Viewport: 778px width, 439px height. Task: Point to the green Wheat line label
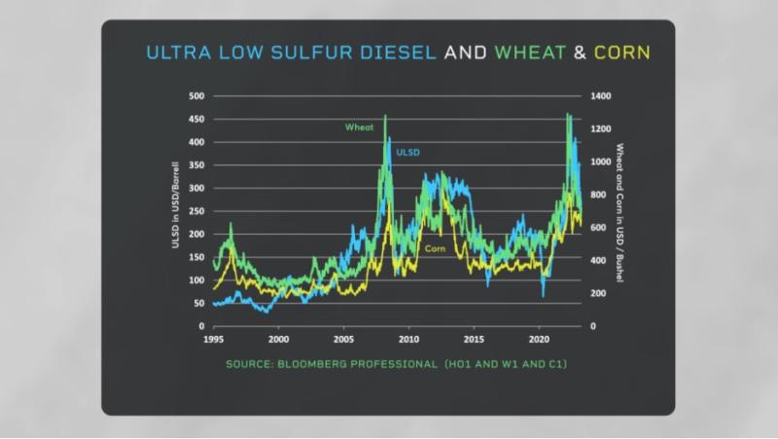(359, 127)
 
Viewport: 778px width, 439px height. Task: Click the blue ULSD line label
(407, 152)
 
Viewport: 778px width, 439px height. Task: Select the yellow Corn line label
(435, 249)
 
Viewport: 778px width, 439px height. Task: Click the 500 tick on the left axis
(196, 96)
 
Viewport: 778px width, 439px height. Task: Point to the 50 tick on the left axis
(199, 304)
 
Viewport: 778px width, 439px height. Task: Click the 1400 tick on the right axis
(599, 96)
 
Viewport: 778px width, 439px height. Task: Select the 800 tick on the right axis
(597, 195)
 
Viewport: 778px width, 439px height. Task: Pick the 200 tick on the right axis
(597, 293)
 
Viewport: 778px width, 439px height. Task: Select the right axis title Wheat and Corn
(619, 211)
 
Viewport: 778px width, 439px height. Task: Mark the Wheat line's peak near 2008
(385, 116)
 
